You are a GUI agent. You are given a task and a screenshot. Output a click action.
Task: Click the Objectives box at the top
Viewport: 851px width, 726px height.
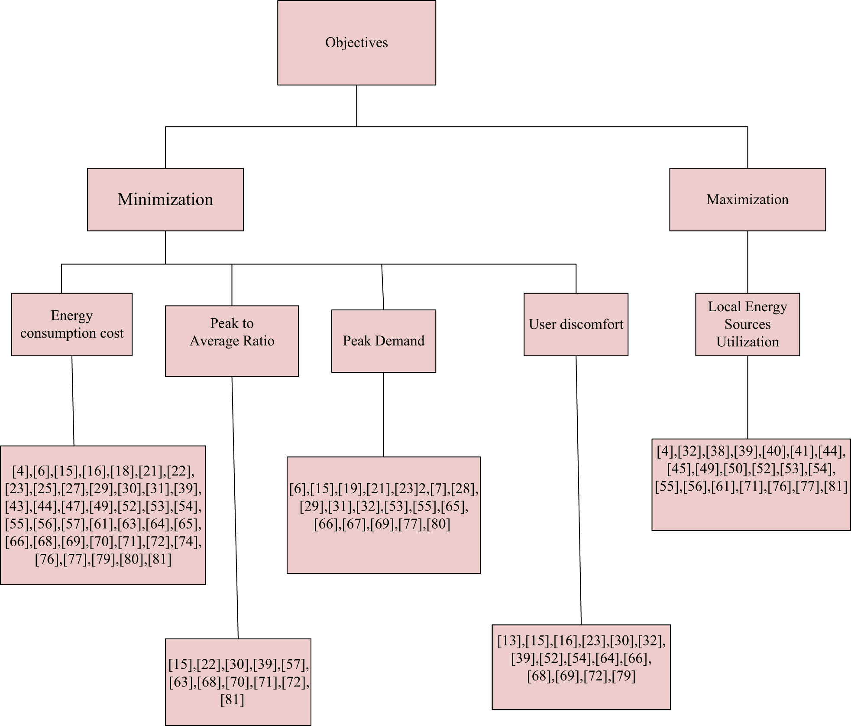[356, 42]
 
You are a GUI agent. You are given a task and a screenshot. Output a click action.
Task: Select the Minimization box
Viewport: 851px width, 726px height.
[165, 199]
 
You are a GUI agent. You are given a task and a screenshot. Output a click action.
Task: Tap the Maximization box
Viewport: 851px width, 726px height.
[747, 199]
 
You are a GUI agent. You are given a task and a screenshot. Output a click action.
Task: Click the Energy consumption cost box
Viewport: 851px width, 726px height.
[71, 324]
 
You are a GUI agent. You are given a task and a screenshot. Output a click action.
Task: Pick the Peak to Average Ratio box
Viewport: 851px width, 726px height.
[232, 341]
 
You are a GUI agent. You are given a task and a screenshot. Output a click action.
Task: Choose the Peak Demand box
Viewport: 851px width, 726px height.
[383, 341]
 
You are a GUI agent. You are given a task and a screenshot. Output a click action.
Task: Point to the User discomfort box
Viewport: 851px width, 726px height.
[576, 324]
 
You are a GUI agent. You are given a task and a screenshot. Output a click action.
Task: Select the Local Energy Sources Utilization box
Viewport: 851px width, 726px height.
[747, 324]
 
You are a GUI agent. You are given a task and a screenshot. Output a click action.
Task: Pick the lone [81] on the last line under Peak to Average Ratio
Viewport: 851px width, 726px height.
[232, 700]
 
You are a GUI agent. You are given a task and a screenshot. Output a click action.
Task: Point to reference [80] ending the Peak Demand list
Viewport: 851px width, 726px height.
[438, 524]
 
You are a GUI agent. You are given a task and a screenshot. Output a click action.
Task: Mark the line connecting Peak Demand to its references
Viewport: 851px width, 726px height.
[383, 414]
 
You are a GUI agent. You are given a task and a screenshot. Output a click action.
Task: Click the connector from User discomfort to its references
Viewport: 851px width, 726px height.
[579, 490]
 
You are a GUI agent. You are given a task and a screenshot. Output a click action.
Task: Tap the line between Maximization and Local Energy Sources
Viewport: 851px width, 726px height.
[747, 261]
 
